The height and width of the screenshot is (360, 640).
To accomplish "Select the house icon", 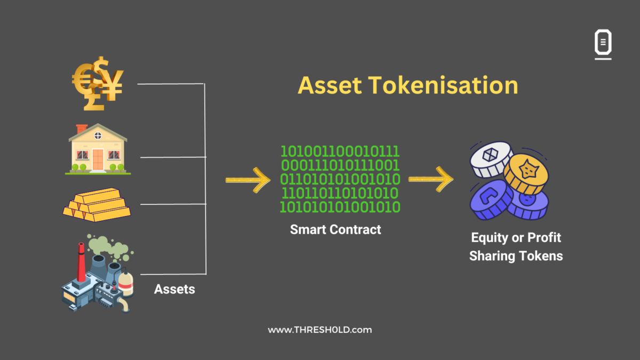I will coord(98,149).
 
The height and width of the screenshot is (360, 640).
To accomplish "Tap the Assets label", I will coord(174,289).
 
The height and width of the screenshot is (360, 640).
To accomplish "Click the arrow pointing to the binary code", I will coord(247,180).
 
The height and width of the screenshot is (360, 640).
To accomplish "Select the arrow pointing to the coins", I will coord(430,180).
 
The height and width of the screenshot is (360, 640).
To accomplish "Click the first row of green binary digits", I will coord(340,151).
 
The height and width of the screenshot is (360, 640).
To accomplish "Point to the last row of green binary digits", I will coord(340,207).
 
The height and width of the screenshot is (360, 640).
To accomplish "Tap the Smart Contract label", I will coord(335,229).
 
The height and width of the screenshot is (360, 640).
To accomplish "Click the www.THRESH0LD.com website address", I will coord(319,330).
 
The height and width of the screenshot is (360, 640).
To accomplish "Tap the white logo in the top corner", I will coord(603,44).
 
